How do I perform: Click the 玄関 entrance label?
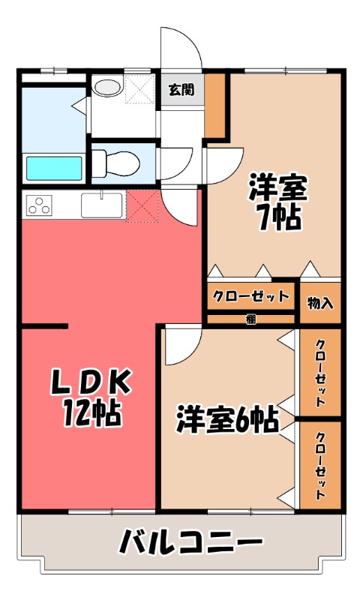coord(181,90)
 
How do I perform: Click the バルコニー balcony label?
coord(192,541)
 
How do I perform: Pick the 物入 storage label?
coord(320,304)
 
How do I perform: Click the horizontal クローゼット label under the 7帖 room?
coord(250,295)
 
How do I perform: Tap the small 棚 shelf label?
coord(251,319)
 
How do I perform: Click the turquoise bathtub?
coord(53,167)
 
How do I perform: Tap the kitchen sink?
coord(101,204)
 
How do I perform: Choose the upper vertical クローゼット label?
coord(320,373)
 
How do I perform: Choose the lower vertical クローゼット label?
coord(320,466)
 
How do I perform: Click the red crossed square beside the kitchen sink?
coord(142,206)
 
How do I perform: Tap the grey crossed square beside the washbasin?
coord(139,89)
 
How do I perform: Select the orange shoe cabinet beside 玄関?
coord(215,106)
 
